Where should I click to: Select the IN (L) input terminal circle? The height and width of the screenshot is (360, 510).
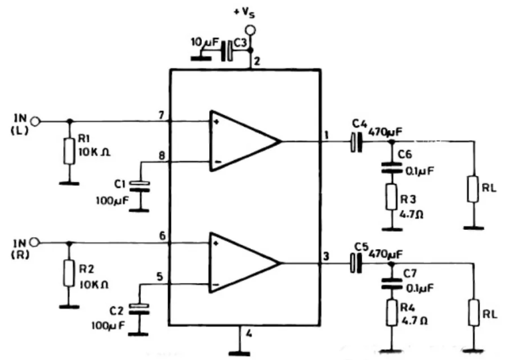36,121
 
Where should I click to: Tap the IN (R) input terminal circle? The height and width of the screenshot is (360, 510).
36,242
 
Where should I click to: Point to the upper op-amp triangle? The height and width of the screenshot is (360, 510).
243,141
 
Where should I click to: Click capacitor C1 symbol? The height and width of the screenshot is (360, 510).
139,186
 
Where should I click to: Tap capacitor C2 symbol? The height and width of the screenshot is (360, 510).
139,308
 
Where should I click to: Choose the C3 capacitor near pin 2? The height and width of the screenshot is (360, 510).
229,50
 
